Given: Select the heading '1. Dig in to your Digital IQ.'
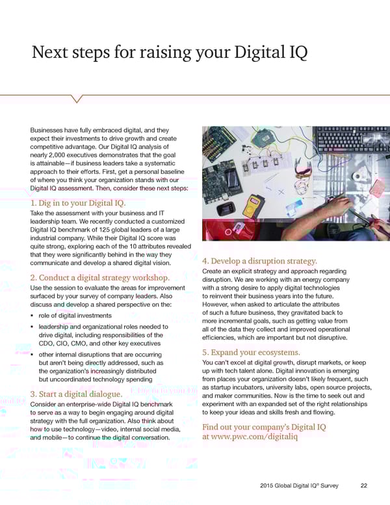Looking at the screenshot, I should (77, 203).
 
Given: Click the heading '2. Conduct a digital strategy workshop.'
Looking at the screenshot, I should (103, 278).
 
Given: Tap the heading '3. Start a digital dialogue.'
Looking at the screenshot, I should (76, 394).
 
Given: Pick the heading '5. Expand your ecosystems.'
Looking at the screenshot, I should (251, 352).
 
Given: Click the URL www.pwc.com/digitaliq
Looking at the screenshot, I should (250, 438).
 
